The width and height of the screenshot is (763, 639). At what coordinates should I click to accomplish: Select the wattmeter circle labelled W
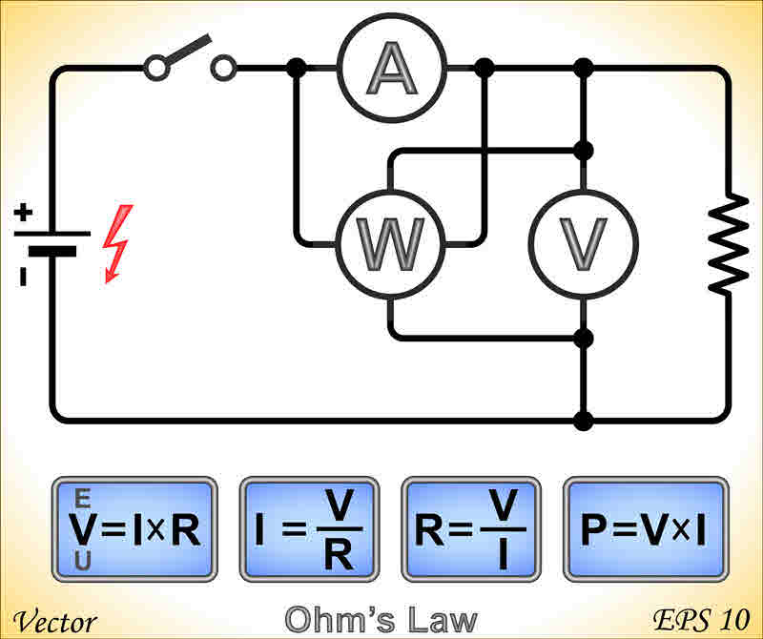click(390, 244)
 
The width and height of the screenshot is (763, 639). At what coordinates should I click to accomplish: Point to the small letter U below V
click(82, 562)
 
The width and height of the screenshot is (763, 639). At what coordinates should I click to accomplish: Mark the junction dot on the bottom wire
click(585, 420)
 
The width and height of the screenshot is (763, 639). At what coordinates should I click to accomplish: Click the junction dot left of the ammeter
click(297, 68)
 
